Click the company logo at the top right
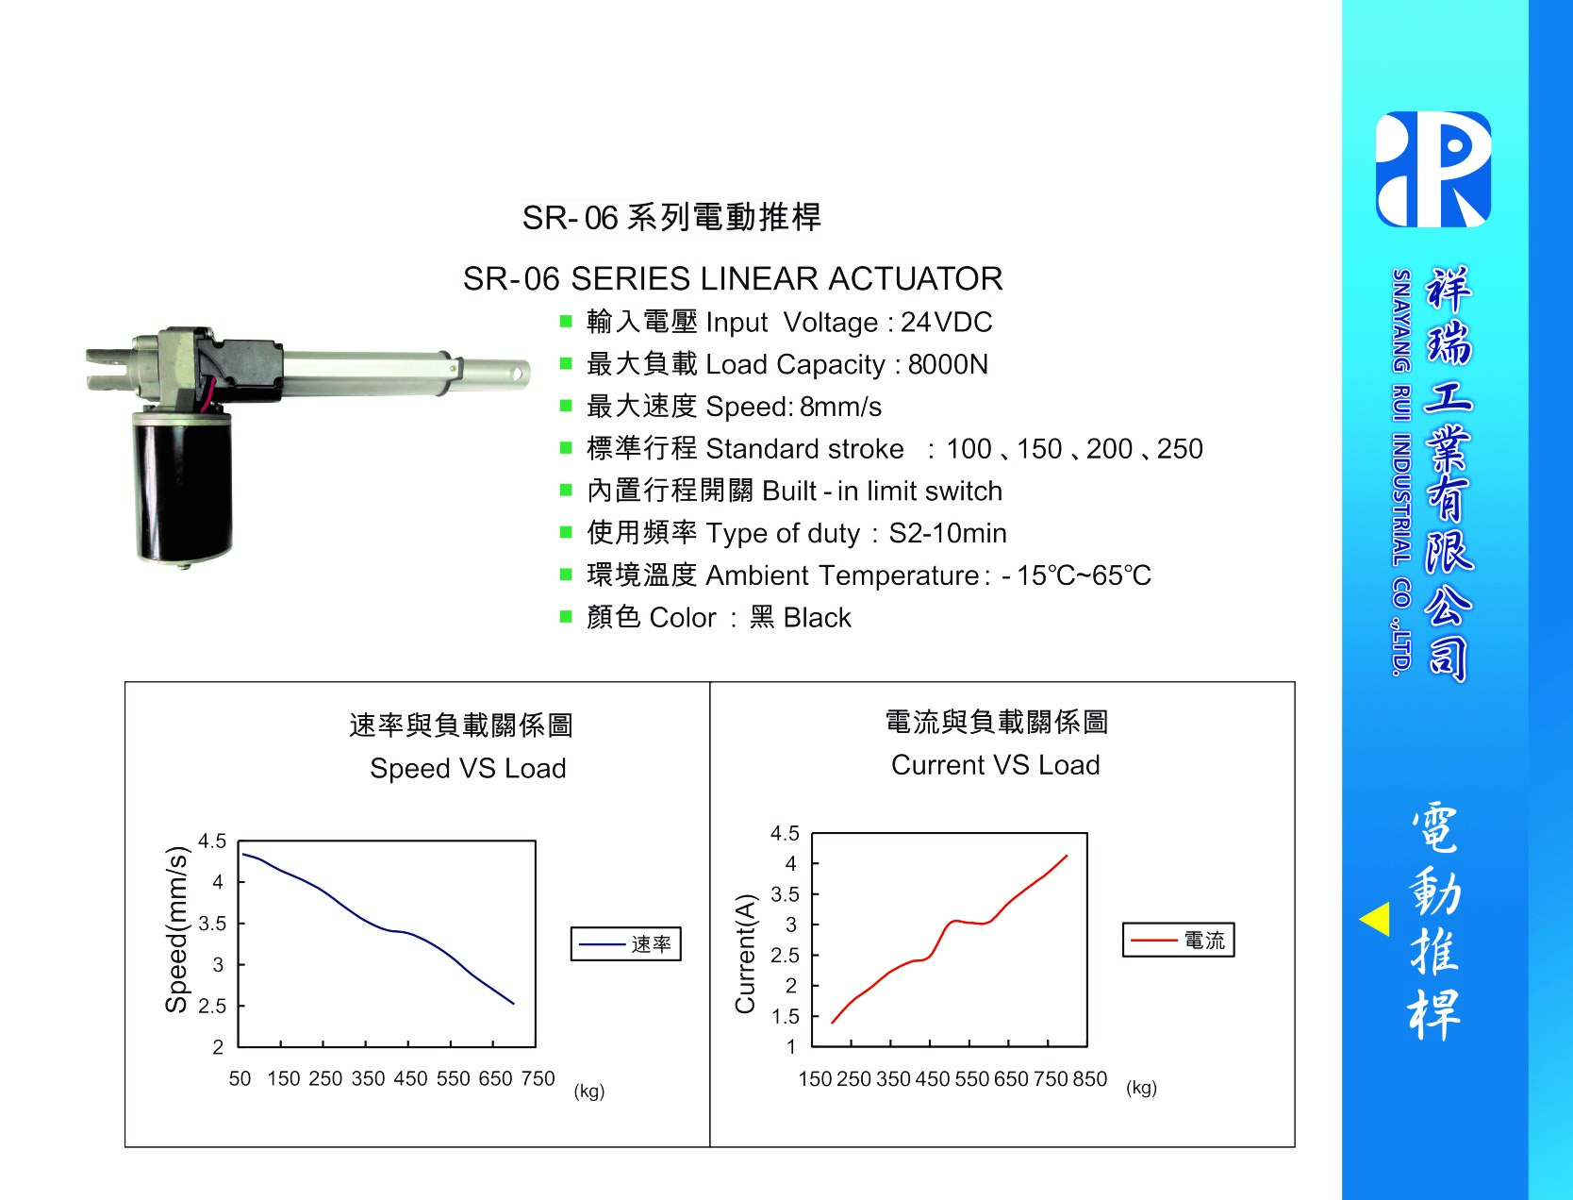[x=1433, y=169]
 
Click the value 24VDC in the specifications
[x=946, y=323]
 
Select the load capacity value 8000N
[x=948, y=365]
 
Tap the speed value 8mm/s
[x=840, y=407]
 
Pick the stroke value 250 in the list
[x=1180, y=449]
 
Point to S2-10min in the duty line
[x=948, y=533]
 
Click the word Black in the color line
[x=817, y=618]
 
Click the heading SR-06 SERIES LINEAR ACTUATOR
[x=733, y=279]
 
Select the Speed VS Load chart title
[x=468, y=769]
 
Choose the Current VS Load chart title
[x=996, y=765]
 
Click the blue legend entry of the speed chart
[x=625, y=944]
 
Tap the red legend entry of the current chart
[x=1178, y=940]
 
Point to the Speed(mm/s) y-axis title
[x=176, y=929]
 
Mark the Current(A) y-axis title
[x=745, y=954]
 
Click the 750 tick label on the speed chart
[x=538, y=1078]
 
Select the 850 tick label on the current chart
[x=1090, y=1079]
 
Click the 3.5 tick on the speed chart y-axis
[x=212, y=924]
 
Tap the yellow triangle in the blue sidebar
[x=1375, y=919]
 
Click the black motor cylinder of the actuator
[x=183, y=488]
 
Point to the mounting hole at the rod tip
[x=517, y=374]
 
